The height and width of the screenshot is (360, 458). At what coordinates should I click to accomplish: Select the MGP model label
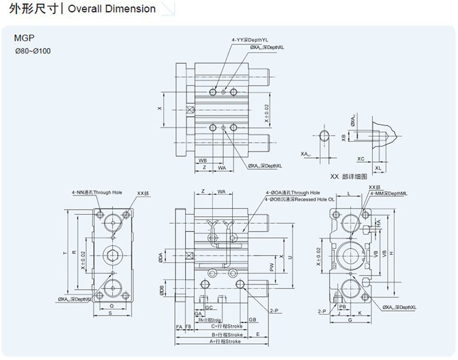click(x=24, y=38)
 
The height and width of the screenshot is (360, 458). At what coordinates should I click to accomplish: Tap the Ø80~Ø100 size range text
click(x=32, y=50)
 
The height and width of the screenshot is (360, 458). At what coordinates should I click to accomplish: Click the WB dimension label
click(x=203, y=159)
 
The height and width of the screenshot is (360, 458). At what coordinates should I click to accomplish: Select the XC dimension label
click(x=361, y=158)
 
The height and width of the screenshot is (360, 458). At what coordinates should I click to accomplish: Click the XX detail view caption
click(x=348, y=176)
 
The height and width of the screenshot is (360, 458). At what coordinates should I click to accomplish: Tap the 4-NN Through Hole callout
click(x=97, y=192)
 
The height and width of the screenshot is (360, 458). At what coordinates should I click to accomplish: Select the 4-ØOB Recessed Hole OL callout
click(x=299, y=199)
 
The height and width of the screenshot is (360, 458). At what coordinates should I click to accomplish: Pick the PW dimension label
click(x=272, y=265)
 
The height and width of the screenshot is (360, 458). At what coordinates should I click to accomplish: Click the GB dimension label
click(x=253, y=319)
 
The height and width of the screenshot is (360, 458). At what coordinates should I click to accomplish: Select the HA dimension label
click(x=378, y=222)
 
